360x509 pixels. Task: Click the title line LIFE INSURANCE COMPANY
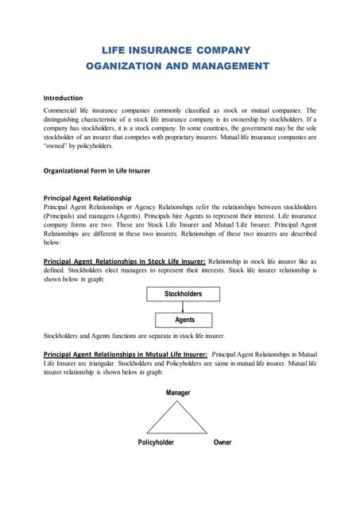coord(179,49)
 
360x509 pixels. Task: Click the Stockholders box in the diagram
coord(184,293)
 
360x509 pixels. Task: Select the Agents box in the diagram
coord(184,320)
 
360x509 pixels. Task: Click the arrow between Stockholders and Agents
coord(184,307)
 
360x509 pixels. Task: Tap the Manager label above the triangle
coord(178,393)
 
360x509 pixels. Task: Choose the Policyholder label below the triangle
coord(156,442)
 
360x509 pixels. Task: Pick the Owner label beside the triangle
coord(223,442)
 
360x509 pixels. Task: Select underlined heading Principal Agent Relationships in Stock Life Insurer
coord(125,261)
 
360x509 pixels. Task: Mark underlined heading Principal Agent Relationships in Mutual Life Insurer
coord(126,353)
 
